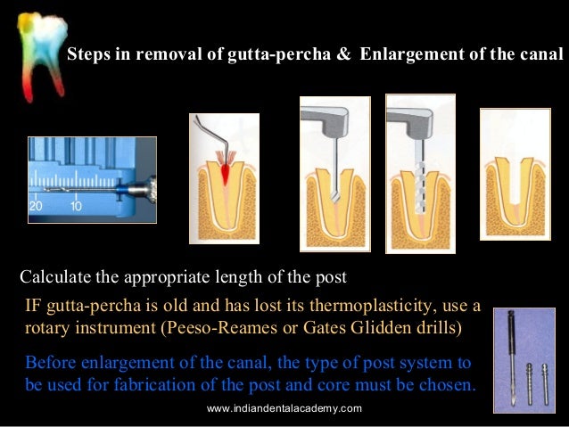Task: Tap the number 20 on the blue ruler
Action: [x=37, y=206]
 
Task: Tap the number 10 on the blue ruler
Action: [x=77, y=206]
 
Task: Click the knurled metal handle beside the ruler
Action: [x=144, y=188]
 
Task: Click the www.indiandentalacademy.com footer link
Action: [x=284, y=408]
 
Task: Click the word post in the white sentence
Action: [x=330, y=274]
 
